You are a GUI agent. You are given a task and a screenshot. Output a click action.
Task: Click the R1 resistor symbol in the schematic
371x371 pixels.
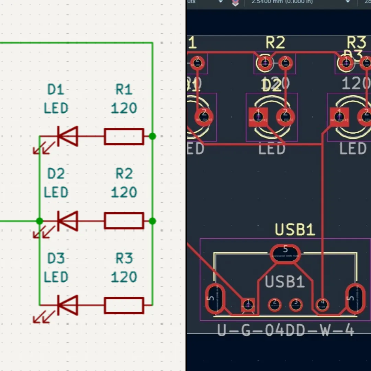tap(124, 136)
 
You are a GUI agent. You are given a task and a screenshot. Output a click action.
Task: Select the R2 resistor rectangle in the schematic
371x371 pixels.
tap(124, 221)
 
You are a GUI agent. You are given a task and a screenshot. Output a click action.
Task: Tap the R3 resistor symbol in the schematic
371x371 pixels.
tap(124, 305)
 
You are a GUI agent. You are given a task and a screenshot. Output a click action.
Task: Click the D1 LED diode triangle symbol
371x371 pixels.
tap(68, 136)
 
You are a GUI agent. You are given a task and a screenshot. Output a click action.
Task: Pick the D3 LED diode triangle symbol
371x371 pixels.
tap(68, 305)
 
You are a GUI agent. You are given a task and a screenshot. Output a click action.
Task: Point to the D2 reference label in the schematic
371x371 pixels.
tap(56, 174)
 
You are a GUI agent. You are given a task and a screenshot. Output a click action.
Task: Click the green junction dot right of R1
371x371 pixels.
tap(153, 136)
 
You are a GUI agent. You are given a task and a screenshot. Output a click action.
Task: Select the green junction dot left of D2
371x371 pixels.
tap(40, 221)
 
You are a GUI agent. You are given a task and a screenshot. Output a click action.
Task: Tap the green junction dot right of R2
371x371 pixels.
tap(153, 221)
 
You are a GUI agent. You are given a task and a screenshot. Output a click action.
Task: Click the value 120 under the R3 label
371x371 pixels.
tap(124, 277)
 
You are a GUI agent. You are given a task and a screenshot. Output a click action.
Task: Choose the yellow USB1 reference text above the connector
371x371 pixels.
tap(295, 230)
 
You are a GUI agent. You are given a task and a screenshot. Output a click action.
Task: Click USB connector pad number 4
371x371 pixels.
tap(322, 304)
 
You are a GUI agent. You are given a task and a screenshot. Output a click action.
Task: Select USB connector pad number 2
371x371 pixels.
tap(274, 304)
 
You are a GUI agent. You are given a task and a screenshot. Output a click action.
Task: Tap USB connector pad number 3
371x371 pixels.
tap(296, 304)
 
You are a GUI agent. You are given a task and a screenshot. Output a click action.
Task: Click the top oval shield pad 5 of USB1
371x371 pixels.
tap(285, 254)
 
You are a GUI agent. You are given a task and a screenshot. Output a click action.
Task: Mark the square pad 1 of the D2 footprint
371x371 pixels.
tap(258, 117)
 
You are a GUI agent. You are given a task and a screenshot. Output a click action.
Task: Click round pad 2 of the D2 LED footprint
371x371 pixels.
tap(285, 117)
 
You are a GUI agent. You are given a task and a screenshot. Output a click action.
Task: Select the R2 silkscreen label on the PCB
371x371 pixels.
tap(275, 43)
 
